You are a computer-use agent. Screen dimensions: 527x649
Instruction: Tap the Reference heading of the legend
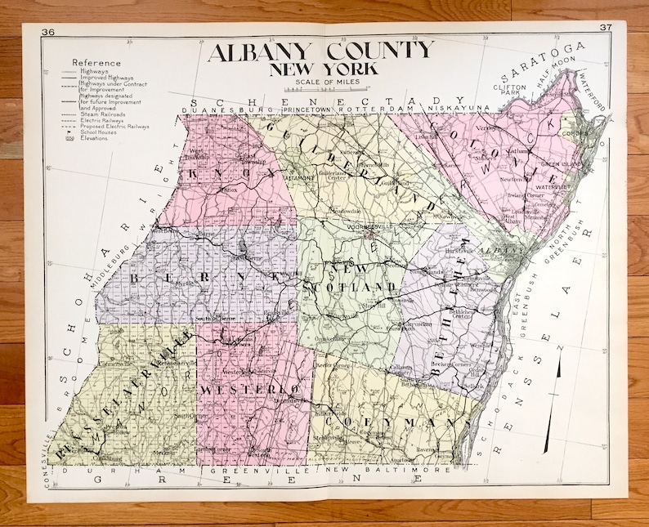(96, 62)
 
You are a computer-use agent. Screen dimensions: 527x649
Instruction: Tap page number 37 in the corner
(606, 28)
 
